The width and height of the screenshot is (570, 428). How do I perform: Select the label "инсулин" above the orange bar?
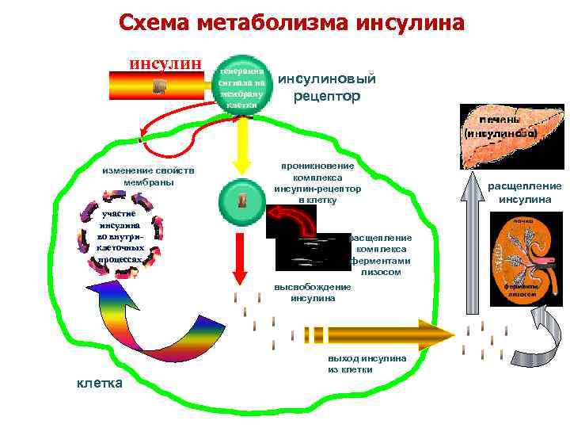coord(166,63)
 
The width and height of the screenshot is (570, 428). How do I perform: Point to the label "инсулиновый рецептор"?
coord(326,87)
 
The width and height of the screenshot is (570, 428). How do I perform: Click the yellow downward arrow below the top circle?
coord(241,147)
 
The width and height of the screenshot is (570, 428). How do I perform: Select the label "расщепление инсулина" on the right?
coord(524,193)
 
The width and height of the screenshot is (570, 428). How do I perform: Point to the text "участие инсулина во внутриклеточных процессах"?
coord(119,236)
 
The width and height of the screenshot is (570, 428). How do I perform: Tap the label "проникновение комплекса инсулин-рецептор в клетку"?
coord(317,184)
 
